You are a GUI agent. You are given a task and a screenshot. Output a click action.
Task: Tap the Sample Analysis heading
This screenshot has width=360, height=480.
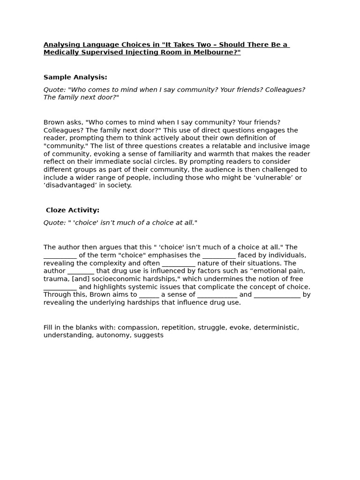coord(75,77)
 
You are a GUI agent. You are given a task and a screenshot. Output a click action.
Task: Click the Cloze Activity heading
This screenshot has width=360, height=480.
coord(73,210)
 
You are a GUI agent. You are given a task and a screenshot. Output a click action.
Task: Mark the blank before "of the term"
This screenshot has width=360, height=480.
coord(60,256)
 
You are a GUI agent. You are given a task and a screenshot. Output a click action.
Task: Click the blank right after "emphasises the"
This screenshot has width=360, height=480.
coord(219,256)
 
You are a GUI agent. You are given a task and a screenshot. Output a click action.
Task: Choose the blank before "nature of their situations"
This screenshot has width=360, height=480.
coord(179,264)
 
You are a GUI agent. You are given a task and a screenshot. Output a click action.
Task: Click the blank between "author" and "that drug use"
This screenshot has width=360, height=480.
coord(81,271)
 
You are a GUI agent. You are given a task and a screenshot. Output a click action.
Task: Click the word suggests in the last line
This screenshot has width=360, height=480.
coord(149,336)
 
